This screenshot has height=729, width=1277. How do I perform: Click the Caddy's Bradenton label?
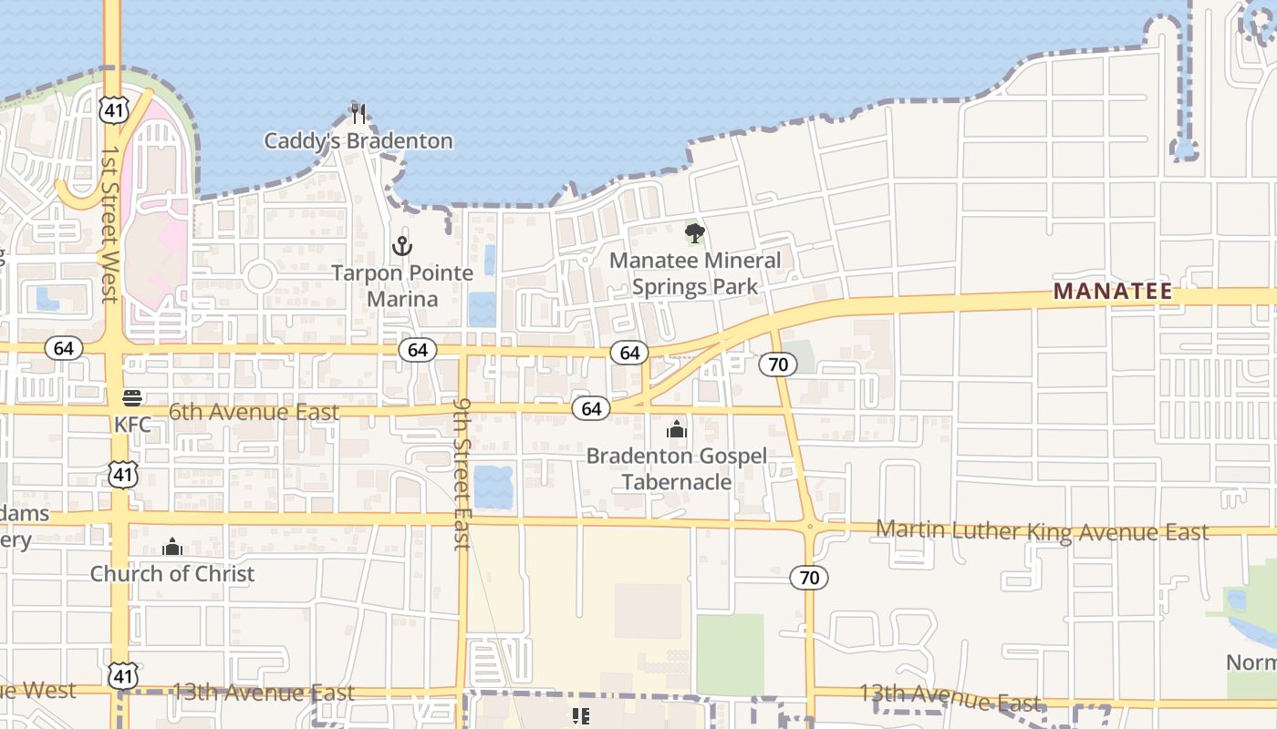click(x=358, y=141)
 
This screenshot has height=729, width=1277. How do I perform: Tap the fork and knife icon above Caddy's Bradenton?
click(x=358, y=113)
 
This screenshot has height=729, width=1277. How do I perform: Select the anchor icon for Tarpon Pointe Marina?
click(x=402, y=245)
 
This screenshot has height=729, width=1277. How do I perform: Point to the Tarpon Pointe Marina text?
click(x=402, y=285)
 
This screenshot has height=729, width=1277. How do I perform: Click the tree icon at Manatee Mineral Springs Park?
click(x=695, y=233)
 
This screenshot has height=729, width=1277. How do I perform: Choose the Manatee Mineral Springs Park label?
click(x=695, y=273)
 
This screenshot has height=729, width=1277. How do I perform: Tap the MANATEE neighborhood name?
click(x=1113, y=292)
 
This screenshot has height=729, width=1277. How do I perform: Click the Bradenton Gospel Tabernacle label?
click(x=676, y=468)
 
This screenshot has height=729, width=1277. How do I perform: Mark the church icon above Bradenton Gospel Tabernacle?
click(x=676, y=429)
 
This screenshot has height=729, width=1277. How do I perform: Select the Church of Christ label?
click(x=172, y=574)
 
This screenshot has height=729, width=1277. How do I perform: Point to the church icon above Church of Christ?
click(x=172, y=547)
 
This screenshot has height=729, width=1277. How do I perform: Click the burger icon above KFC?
click(x=132, y=397)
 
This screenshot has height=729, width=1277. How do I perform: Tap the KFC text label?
click(x=132, y=425)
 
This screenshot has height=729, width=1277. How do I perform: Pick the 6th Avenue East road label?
click(x=254, y=412)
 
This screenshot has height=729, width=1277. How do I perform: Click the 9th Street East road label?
click(x=462, y=474)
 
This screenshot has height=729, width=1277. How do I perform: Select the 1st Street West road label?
click(x=109, y=223)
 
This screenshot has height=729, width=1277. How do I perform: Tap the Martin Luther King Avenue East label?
click(x=1042, y=531)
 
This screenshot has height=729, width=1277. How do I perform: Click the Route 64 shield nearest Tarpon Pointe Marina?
click(x=418, y=350)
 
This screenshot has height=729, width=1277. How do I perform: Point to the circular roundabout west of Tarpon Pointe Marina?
click(x=260, y=276)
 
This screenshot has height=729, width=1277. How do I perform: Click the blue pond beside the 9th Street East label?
click(x=493, y=487)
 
